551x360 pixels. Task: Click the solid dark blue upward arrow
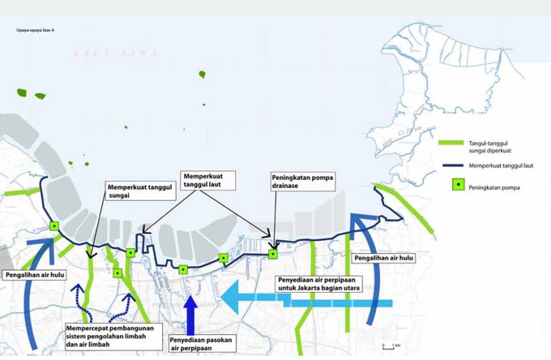(x=190, y=312)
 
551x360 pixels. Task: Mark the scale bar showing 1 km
(x=391, y=347)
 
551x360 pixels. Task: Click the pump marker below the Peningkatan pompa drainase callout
(x=273, y=254)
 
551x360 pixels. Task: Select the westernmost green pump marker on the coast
(x=54, y=226)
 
